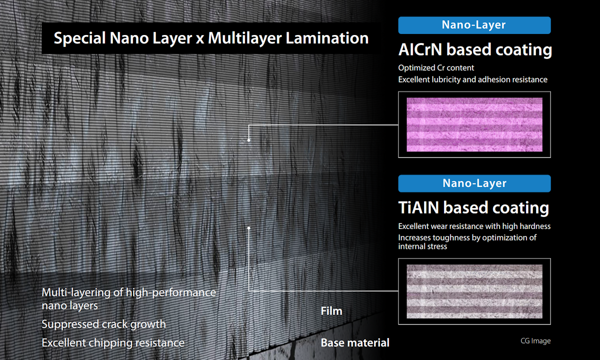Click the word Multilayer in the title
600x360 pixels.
[244, 38]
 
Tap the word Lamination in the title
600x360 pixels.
[327, 38]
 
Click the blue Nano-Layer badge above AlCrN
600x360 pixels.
[474, 25]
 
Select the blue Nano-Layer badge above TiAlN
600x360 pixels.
[474, 183]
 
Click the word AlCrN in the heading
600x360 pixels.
[420, 49]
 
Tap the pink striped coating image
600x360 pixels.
[474, 124]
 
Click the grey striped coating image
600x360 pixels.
[474, 291]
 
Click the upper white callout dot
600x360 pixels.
[249, 140]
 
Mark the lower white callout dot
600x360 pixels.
[249, 228]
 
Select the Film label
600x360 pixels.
[331, 311]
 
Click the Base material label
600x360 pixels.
[355, 343]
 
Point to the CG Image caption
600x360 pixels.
[535, 340]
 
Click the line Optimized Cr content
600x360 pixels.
[436, 68]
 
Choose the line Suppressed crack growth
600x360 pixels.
[104, 324]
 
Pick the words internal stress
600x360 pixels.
[422, 246]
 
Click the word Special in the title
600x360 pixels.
[80, 38]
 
